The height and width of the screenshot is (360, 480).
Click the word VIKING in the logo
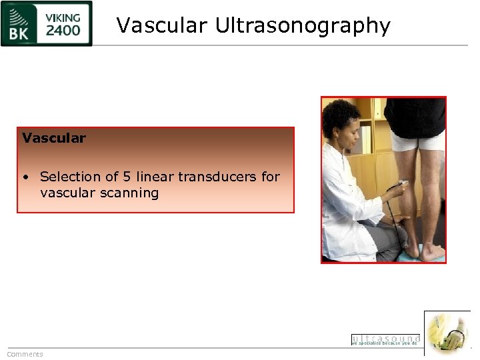pos(64,17)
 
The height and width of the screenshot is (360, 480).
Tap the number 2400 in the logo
pos(63,31)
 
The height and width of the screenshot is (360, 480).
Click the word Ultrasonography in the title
pos(302,26)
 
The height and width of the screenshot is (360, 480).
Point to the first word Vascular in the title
pos(162,25)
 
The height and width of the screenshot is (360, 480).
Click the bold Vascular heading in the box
pos(54,139)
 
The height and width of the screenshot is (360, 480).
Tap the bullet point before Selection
pos(25,177)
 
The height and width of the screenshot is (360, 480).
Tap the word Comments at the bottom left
pos(25,354)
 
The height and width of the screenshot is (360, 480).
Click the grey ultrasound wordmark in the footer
pos(386,338)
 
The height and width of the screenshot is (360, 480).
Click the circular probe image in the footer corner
pos(447,333)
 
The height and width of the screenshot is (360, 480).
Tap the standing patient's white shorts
pos(416,141)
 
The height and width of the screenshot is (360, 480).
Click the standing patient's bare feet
pos(423,252)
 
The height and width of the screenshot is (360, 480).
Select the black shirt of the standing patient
pos(415,115)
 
